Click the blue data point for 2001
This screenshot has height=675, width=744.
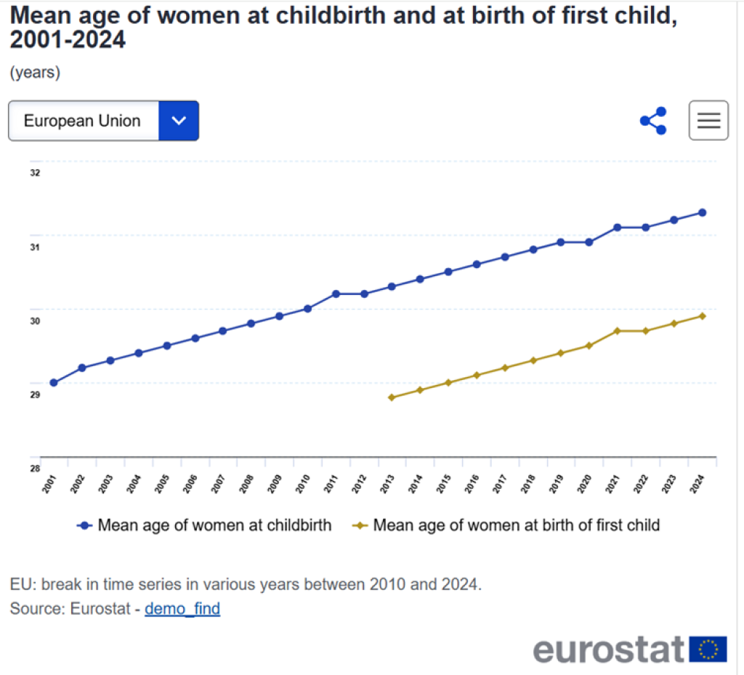(x=53, y=382)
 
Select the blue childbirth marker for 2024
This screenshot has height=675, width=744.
(x=702, y=212)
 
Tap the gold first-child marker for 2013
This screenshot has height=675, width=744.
(x=391, y=397)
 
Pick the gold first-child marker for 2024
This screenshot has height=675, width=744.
(x=702, y=316)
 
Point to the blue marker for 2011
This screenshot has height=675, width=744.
(x=336, y=294)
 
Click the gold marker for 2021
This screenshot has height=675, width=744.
(x=617, y=331)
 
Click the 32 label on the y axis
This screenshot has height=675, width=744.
(x=35, y=173)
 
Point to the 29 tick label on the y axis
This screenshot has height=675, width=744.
(x=35, y=395)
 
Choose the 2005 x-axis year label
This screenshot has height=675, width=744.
(x=162, y=484)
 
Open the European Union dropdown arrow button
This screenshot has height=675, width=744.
(x=178, y=121)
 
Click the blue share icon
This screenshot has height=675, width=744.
(x=654, y=121)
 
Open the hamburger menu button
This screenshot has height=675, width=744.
(x=708, y=121)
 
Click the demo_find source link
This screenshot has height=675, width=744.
(x=182, y=609)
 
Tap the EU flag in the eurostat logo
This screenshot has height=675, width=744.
(x=708, y=649)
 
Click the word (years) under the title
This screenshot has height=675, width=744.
(x=35, y=73)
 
